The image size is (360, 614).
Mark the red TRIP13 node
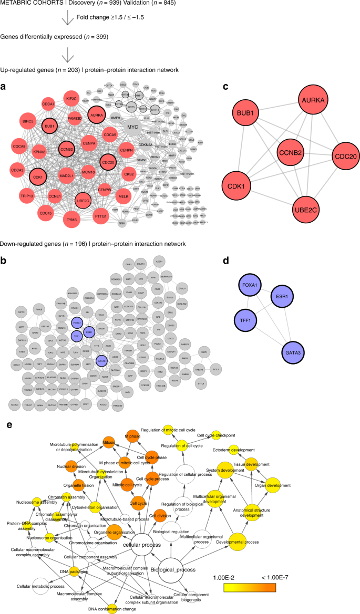(23, 194)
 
